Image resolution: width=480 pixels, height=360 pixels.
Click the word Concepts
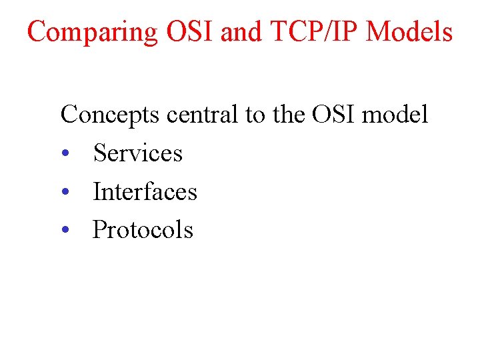click(x=110, y=115)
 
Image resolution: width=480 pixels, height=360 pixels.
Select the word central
click(x=203, y=115)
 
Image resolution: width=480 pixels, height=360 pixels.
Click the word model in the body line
click(x=395, y=115)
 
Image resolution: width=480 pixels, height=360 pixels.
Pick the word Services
click(x=137, y=153)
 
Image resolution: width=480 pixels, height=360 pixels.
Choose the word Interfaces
click(x=145, y=192)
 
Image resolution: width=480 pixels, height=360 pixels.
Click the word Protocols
click(x=143, y=230)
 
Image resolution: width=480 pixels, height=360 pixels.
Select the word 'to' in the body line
click(x=255, y=115)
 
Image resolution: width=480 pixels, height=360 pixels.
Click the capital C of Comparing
click(x=37, y=31)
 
